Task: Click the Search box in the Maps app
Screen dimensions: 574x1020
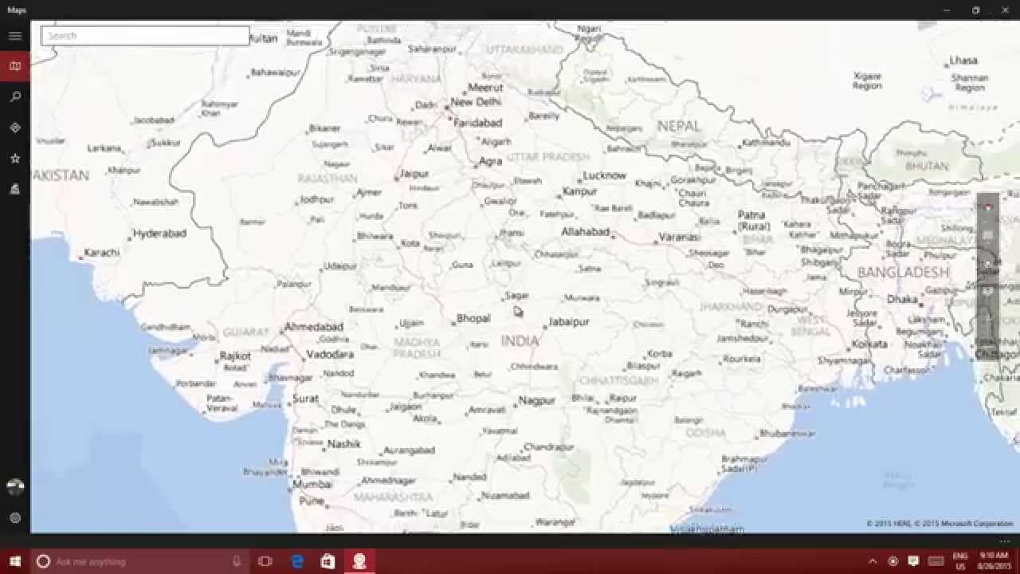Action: pyautogui.click(x=145, y=36)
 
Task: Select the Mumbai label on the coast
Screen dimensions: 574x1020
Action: pyautogui.click(x=312, y=484)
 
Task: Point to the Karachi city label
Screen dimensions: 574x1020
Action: pyautogui.click(x=101, y=253)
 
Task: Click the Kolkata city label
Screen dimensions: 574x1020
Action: pyautogui.click(x=869, y=344)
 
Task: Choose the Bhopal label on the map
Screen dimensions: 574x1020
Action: pyautogui.click(x=473, y=318)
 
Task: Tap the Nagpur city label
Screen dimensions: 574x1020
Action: pyautogui.click(x=536, y=400)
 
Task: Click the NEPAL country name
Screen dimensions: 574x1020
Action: pyautogui.click(x=679, y=126)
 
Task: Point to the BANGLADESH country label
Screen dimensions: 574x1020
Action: pyautogui.click(x=904, y=273)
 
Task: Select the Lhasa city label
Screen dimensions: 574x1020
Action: pyautogui.click(x=963, y=61)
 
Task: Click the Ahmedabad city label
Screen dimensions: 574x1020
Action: pyautogui.click(x=314, y=327)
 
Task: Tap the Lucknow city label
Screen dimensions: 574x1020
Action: pyautogui.click(x=604, y=175)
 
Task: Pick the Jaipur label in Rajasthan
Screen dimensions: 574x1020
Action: pyautogui.click(x=414, y=173)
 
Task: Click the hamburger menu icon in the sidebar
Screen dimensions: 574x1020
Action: pyautogui.click(x=14, y=36)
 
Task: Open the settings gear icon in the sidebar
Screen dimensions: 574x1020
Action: pyautogui.click(x=14, y=517)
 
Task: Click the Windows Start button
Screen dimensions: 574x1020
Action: pyautogui.click(x=14, y=561)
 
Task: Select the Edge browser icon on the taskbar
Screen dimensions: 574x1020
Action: pyautogui.click(x=297, y=561)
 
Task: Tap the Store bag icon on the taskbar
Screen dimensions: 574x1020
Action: pyautogui.click(x=328, y=561)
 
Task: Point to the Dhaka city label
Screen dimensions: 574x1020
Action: pyautogui.click(x=902, y=300)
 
